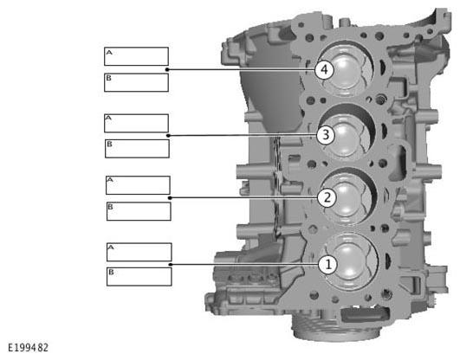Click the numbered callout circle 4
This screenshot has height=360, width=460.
324,70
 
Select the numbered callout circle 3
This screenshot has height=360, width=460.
326,135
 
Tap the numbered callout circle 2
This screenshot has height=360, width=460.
327,197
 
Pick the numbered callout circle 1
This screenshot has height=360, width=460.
328,264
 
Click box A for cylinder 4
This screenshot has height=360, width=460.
136,56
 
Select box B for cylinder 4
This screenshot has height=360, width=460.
136,83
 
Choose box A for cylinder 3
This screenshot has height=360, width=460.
136,123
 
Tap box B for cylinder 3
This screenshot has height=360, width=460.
137,149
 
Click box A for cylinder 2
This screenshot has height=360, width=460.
138,185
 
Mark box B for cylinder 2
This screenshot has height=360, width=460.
139,211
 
